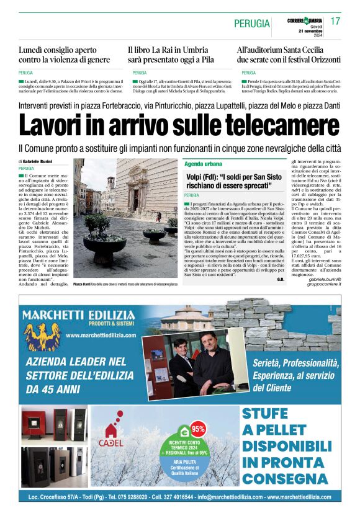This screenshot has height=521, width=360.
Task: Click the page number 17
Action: (335, 22)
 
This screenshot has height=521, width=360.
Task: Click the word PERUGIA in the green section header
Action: (252, 24)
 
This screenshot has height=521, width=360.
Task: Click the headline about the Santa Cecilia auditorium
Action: (287, 55)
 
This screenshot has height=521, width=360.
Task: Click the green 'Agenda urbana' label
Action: (203, 164)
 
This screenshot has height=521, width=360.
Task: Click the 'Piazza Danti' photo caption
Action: (125, 284)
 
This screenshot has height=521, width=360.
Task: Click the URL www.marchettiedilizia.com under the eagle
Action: (101, 336)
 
